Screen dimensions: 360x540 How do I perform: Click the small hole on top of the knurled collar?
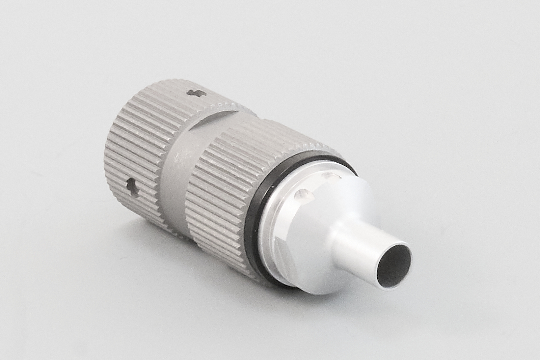[194, 93]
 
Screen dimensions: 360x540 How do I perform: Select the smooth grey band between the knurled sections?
[175, 169]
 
